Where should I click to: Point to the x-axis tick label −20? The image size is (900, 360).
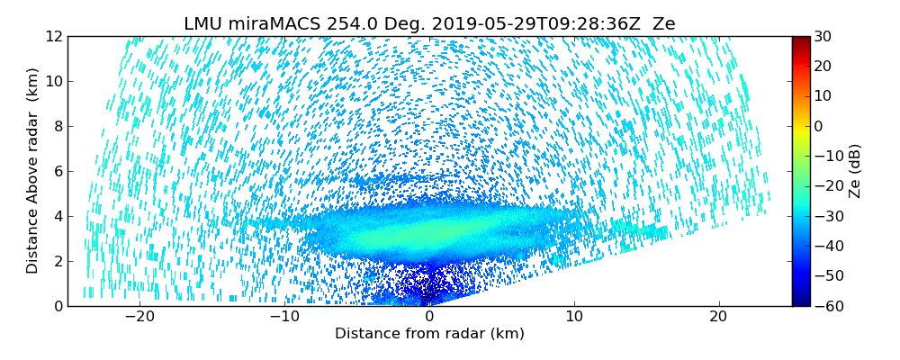point(139,318)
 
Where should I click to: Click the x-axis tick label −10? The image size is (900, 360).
point(284,318)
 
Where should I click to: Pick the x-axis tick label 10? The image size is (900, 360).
point(574,318)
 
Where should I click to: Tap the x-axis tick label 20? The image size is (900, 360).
point(718,318)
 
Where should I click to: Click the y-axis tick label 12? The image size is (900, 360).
point(54,37)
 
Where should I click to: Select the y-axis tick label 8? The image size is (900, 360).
point(58,127)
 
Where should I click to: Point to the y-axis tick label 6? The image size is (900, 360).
point(58,172)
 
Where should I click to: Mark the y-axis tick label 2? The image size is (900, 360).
point(58,262)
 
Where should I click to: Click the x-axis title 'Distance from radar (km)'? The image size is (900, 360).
point(429,334)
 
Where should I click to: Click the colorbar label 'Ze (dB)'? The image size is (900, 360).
point(855,171)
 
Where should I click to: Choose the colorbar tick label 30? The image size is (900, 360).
point(823,37)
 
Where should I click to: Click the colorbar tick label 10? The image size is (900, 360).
point(823,96)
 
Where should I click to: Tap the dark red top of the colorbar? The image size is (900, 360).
point(801,40)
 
